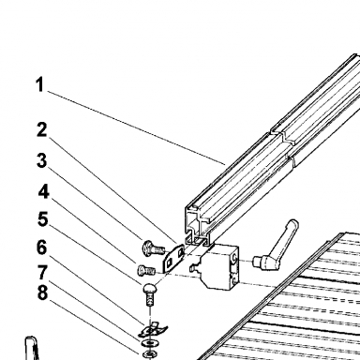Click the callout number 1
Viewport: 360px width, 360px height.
tap(39, 84)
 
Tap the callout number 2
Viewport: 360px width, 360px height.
tap(42, 129)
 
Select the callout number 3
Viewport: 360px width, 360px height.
tap(42, 160)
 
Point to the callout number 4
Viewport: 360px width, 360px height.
tap(44, 191)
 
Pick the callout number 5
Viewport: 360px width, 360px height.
tap(43, 219)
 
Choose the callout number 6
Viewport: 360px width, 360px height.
tap(42, 247)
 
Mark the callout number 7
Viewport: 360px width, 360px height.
tap(43, 273)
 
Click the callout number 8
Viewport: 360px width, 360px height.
tap(43, 292)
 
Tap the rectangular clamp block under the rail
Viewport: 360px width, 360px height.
tap(217, 266)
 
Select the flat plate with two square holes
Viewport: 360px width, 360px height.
tap(173, 258)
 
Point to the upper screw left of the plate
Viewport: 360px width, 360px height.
tap(153, 247)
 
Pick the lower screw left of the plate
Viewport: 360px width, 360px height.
tap(146, 270)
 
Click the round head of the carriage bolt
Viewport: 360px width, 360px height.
tap(150, 287)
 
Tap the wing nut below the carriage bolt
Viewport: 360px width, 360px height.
tap(153, 330)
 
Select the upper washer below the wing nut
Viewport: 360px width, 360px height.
tap(149, 343)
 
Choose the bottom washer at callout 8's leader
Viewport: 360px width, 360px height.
tap(149, 354)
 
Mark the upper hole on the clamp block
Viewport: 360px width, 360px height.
tap(234, 259)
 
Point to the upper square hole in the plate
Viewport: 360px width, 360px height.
tap(180, 252)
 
